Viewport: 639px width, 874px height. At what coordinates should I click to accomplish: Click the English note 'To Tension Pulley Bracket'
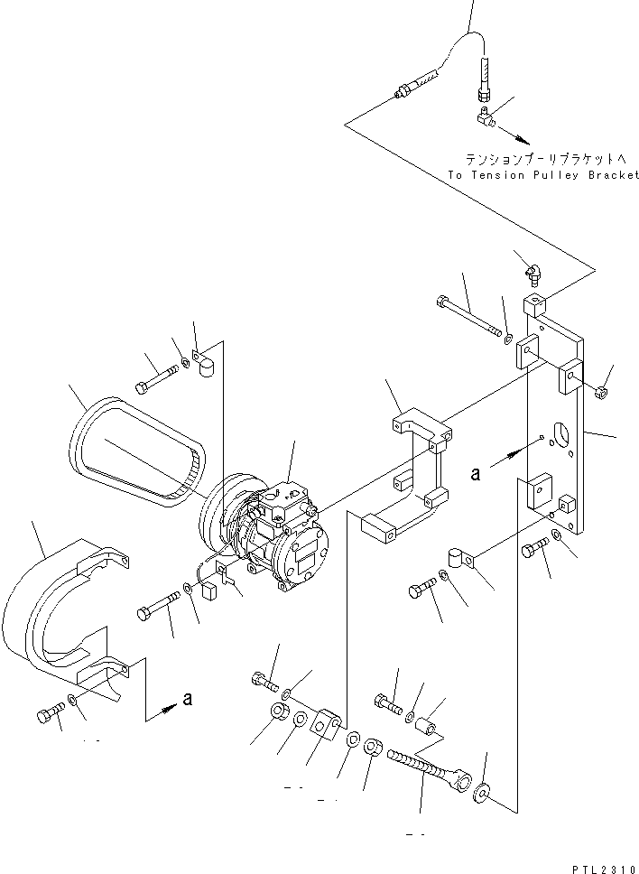point(542,175)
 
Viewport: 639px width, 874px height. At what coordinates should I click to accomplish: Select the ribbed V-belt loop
point(135,448)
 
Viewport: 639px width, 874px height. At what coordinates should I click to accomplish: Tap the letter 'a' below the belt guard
point(187,698)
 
